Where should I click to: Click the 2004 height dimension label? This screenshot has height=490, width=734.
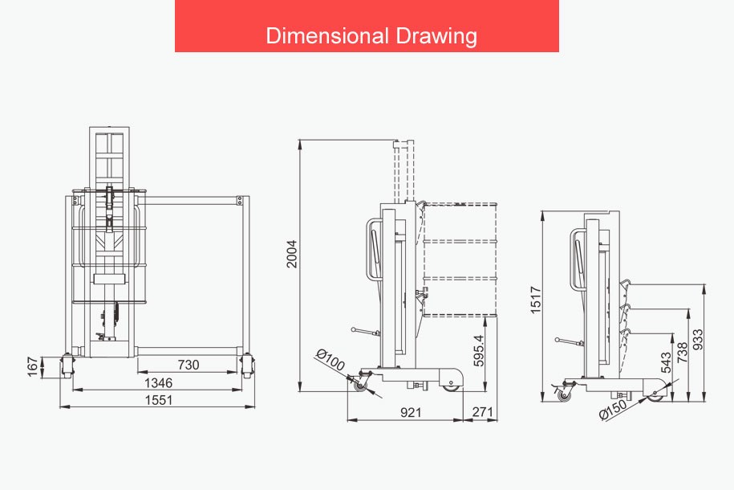(292, 254)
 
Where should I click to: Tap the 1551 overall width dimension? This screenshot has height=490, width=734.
(159, 400)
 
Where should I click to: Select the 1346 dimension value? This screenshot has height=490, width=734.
(159, 383)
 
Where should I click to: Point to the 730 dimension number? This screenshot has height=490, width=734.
(189, 365)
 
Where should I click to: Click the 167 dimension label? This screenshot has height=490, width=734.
(32, 366)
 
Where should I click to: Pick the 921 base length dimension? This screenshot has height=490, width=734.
(411, 413)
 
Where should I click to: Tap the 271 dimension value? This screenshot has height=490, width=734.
(482, 412)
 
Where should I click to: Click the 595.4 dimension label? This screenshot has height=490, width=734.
(478, 350)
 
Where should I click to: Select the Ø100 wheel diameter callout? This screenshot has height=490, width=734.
(331, 360)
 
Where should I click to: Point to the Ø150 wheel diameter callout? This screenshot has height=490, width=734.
(613, 409)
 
